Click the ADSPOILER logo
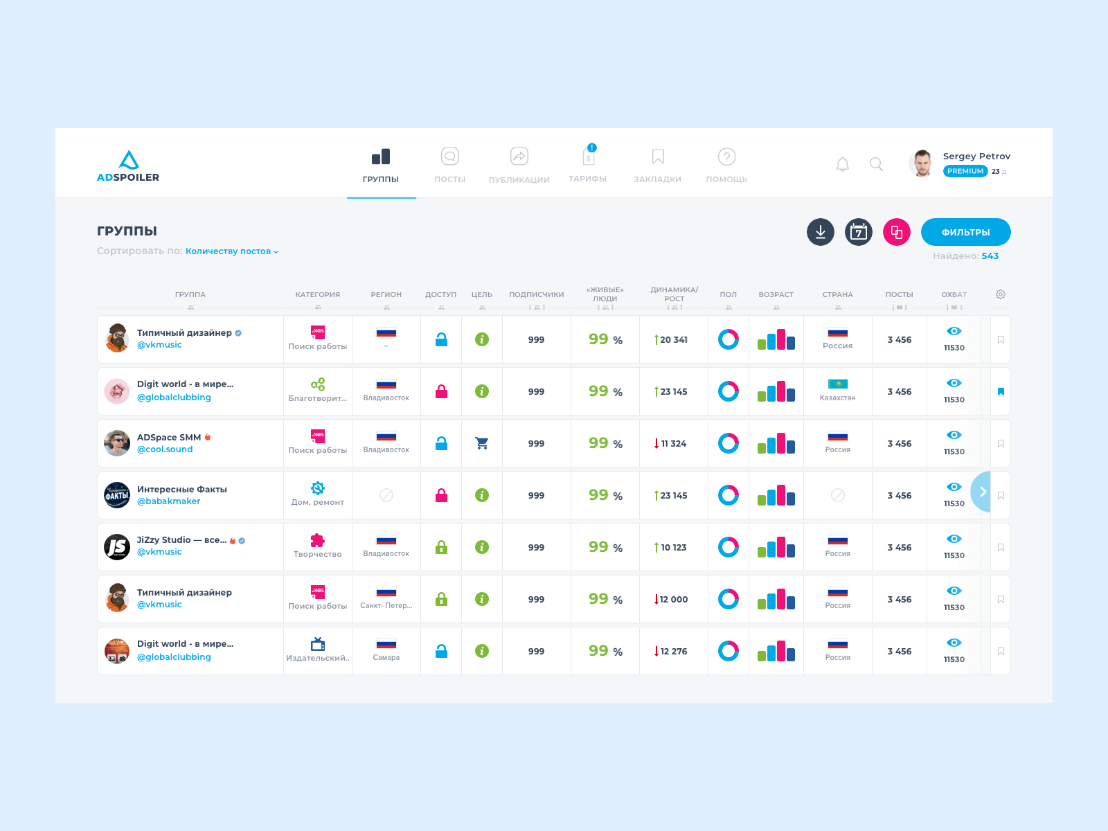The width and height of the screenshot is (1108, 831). click(128, 166)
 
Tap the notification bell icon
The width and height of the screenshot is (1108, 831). click(842, 164)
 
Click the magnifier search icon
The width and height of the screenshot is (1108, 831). click(876, 164)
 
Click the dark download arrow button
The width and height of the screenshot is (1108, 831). click(821, 232)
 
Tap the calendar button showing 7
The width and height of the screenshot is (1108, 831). click(859, 232)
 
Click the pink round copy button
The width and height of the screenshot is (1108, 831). click(897, 232)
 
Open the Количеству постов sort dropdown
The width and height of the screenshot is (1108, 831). click(232, 251)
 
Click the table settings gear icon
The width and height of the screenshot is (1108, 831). click(1001, 294)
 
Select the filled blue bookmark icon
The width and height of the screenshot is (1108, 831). click(1001, 392)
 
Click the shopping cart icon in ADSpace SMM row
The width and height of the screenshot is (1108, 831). click(482, 443)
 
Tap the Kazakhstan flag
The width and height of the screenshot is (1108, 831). click(838, 384)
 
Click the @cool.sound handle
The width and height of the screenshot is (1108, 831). click(165, 449)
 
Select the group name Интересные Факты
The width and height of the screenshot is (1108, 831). click(182, 490)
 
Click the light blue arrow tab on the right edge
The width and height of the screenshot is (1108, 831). click(981, 492)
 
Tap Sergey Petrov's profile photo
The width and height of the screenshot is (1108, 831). click(922, 163)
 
